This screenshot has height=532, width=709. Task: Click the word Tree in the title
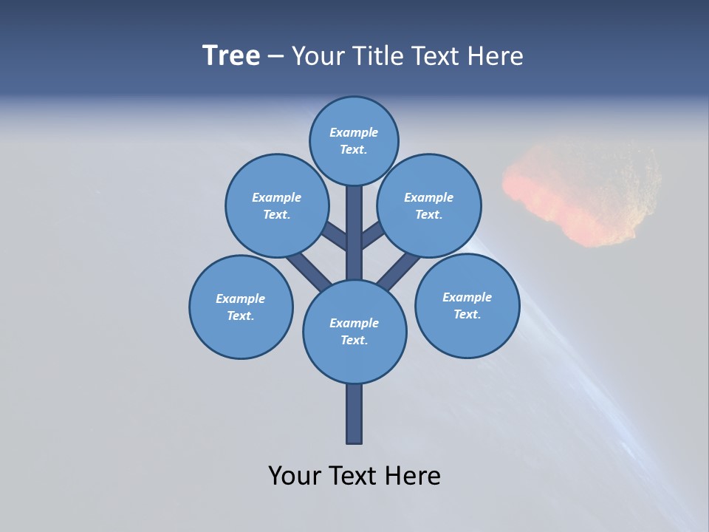(x=231, y=56)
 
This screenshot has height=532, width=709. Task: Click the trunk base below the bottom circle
(x=354, y=414)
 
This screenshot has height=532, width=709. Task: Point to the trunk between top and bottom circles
(x=354, y=233)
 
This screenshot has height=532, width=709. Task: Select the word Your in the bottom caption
(x=295, y=476)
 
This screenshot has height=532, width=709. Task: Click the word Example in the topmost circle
(x=354, y=133)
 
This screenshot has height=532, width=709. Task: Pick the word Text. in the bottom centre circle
(x=354, y=341)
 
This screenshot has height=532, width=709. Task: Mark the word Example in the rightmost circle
(x=467, y=298)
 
